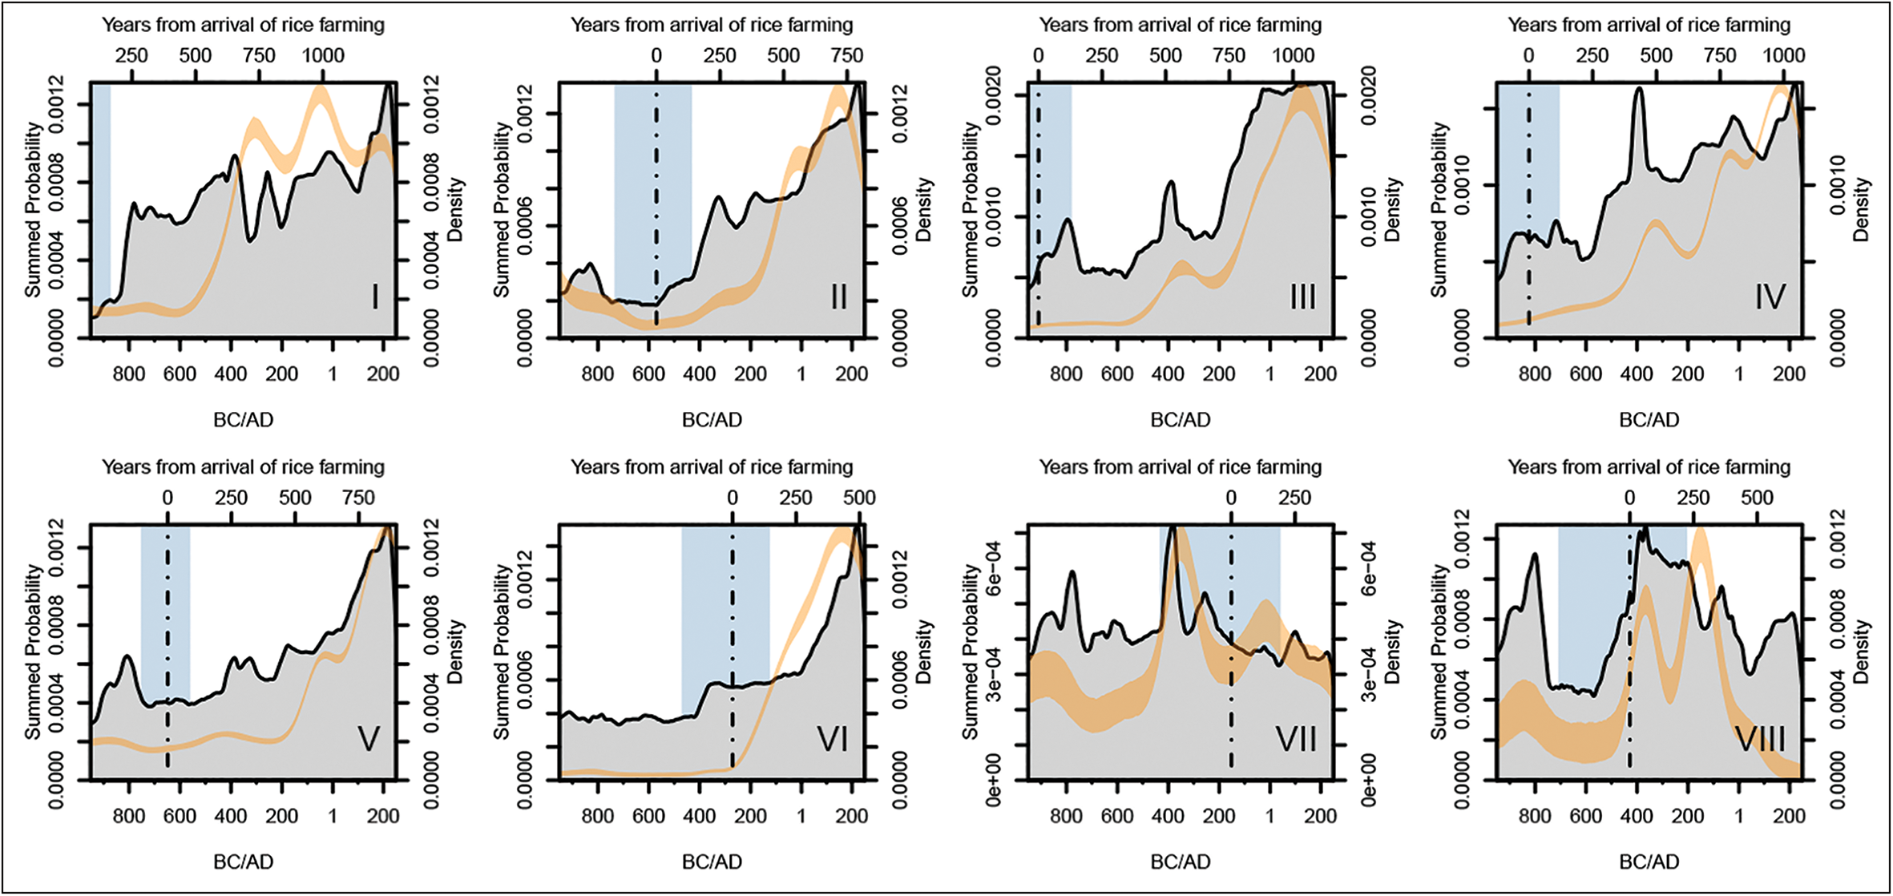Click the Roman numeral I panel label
point(375,297)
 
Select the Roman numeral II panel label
point(839,297)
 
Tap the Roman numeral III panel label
point(1303,297)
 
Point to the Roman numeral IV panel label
point(1770,297)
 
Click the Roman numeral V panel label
point(368,739)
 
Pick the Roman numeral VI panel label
point(833,739)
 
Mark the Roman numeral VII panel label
point(1296,739)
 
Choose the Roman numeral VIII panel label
point(1760,739)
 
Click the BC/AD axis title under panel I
point(244,419)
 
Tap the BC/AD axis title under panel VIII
point(1649,862)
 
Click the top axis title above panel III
point(1181,25)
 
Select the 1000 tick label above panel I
point(323,55)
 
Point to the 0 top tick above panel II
point(656,55)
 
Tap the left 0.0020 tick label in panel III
point(994,95)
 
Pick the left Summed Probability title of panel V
point(33,652)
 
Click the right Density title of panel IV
point(1861,210)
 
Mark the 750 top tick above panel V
point(358,498)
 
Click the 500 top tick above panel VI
point(859,498)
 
